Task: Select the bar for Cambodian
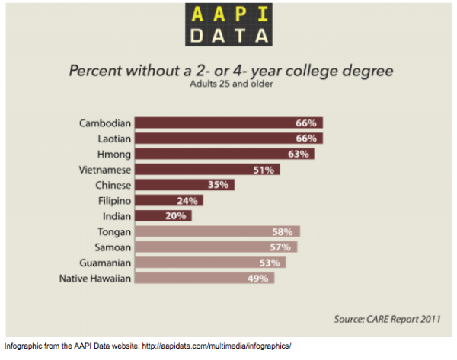click(x=229, y=123)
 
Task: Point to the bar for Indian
click(x=164, y=216)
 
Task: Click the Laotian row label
click(x=112, y=139)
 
